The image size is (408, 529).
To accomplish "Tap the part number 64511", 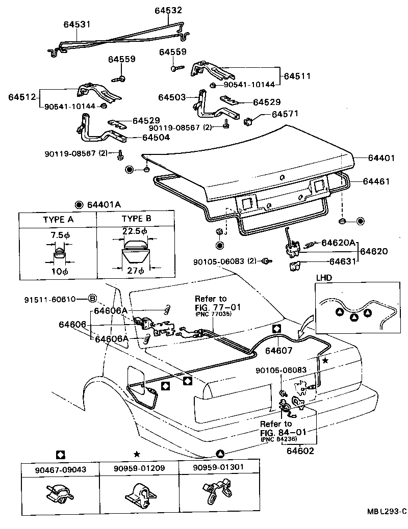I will point(298,76).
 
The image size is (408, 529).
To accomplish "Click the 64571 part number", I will point(285,114).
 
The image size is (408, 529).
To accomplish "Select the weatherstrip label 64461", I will point(377,181).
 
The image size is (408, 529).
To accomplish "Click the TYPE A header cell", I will point(58,220).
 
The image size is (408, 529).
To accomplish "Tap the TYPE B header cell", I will point(136,220).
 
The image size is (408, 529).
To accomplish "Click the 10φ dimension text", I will point(58,272).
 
